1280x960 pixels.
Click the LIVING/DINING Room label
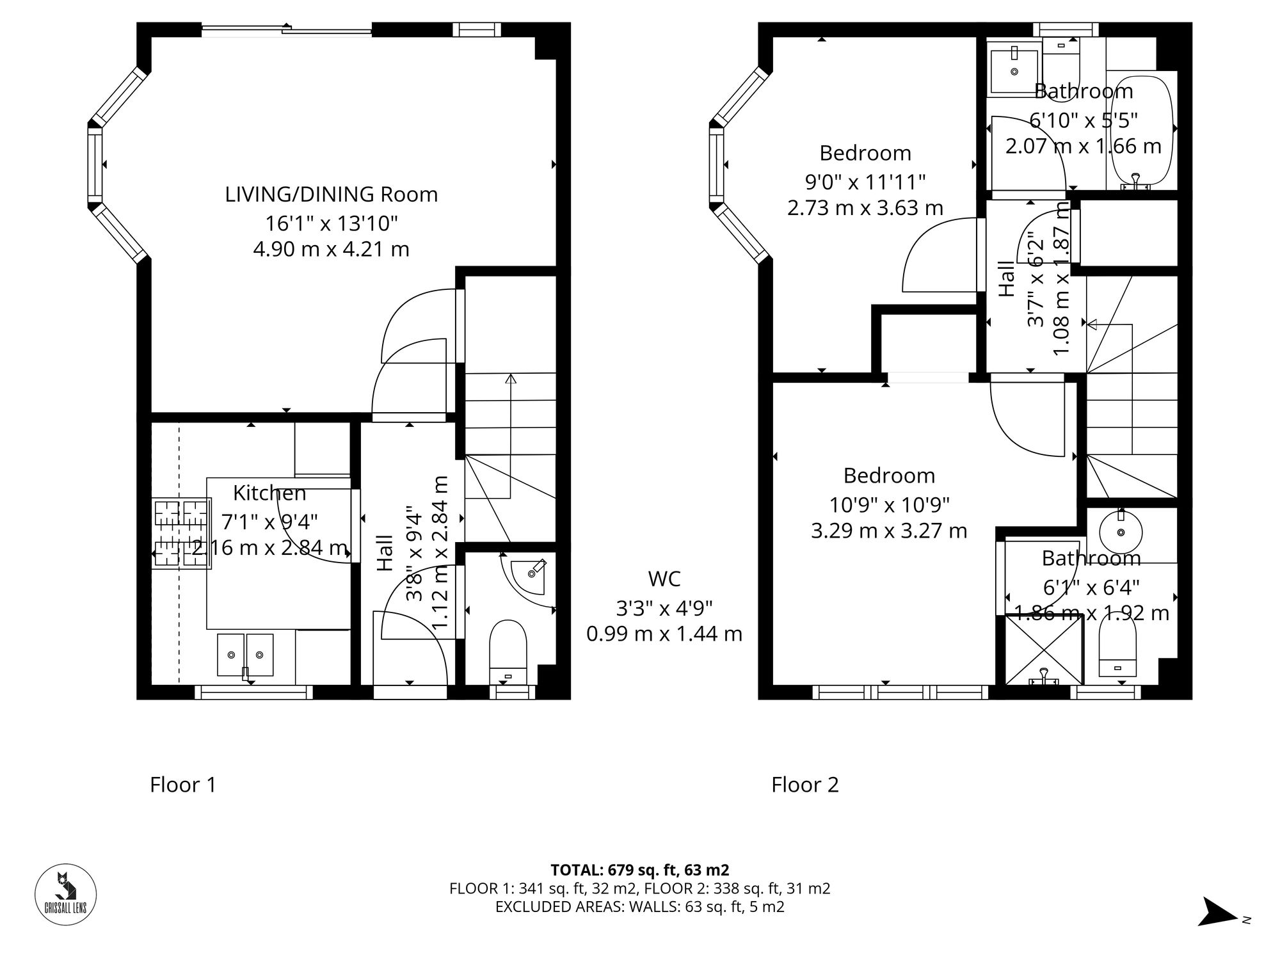pyautogui.click(x=331, y=194)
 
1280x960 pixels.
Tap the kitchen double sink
pyautogui.click(x=245, y=654)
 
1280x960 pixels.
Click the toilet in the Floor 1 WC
pyautogui.click(x=508, y=652)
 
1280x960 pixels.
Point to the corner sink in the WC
pyautogui.click(x=531, y=571)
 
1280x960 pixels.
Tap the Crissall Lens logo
pyautogui.click(x=65, y=895)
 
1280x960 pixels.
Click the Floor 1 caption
pyautogui.click(x=183, y=785)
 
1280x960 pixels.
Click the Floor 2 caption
pyautogui.click(x=804, y=785)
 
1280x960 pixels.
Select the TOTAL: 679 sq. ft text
pyautogui.click(x=639, y=870)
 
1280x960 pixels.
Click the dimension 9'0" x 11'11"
pyautogui.click(x=865, y=182)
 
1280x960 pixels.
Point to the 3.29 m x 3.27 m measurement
pyautogui.click(x=889, y=531)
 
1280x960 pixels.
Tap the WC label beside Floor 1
pyautogui.click(x=664, y=579)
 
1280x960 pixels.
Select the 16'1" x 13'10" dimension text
pyautogui.click(x=332, y=223)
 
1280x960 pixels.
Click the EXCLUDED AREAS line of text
pyautogui.click(x=639, y=907)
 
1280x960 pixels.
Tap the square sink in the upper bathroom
pyautogui.click(x=1014, y=70)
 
